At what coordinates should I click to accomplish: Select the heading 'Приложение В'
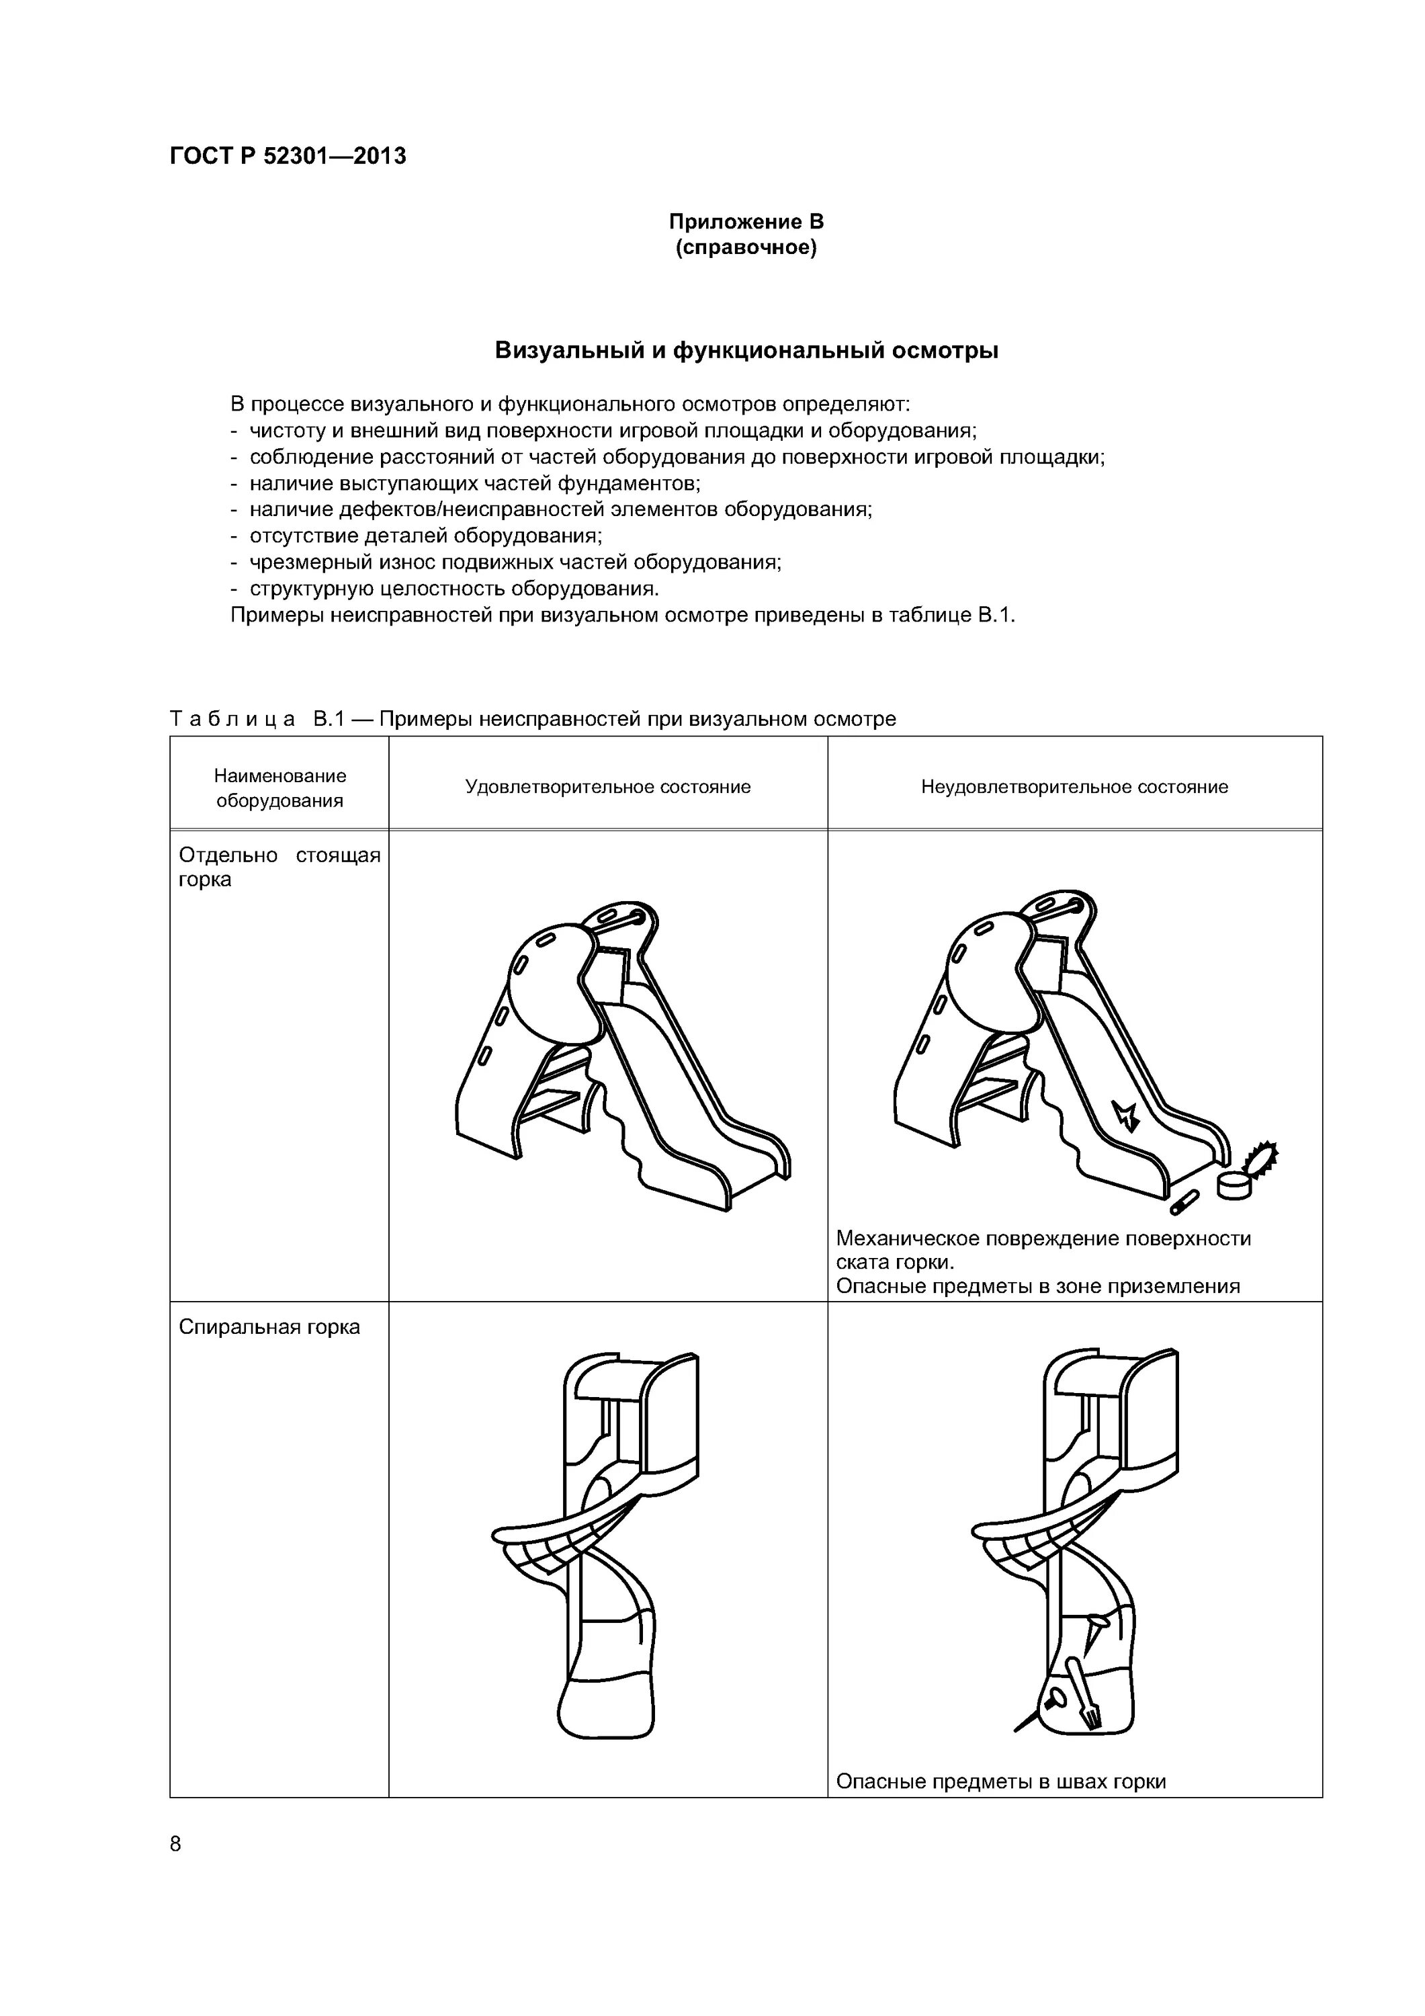tap(746, 221)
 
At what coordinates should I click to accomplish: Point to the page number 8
tap(175, 1844)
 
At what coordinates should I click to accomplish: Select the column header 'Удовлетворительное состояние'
tap(607, 787)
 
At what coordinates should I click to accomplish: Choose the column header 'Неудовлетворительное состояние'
tap(1075, 787)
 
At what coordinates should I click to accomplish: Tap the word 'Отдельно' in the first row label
tap(228, 855)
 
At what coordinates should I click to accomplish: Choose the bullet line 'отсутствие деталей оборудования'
tap(426, 536)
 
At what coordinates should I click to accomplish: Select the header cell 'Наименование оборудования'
tap(280, 788)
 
